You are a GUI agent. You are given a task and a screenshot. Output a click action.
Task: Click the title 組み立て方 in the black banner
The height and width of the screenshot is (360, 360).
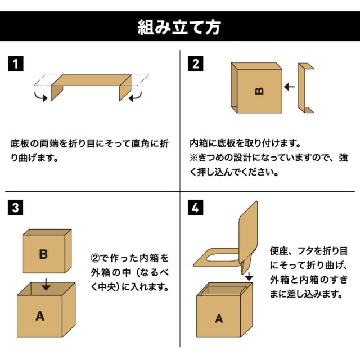point(179,27)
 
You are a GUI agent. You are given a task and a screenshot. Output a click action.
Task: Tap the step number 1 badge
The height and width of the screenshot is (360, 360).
point(16,64)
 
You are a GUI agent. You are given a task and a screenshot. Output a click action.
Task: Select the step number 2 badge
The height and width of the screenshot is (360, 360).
point(195,64)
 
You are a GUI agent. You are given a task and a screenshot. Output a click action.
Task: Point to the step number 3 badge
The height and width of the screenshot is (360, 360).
point(16,208)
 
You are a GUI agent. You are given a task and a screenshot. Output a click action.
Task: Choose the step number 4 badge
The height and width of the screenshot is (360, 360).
point(195,208)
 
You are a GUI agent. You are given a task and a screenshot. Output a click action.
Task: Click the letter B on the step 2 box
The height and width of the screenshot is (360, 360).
point(259,91)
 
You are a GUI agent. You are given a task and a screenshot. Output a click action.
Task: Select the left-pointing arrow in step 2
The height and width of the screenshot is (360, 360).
point(290,87)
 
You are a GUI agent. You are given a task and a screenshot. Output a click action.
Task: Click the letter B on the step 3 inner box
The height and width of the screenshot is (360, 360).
point(43,254)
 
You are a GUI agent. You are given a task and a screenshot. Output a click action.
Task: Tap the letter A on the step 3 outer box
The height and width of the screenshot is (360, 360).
point(40,316)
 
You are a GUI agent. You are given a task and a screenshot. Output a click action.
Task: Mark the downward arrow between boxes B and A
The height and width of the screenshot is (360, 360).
point(46,285)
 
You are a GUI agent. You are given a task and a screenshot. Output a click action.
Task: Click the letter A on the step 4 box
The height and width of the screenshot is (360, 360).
point(219,319)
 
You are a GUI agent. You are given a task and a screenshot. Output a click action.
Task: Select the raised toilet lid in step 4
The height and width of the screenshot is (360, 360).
point(249,232)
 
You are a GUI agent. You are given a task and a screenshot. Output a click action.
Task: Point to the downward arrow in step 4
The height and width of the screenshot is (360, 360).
point(249,276)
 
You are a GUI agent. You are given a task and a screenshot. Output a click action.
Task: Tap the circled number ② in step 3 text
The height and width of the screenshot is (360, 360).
point(95,258)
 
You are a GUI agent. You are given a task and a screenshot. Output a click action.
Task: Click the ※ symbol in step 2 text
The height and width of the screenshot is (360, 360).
point(193,157)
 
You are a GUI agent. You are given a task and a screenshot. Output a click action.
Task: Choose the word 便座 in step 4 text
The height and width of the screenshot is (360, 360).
point(279,251)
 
